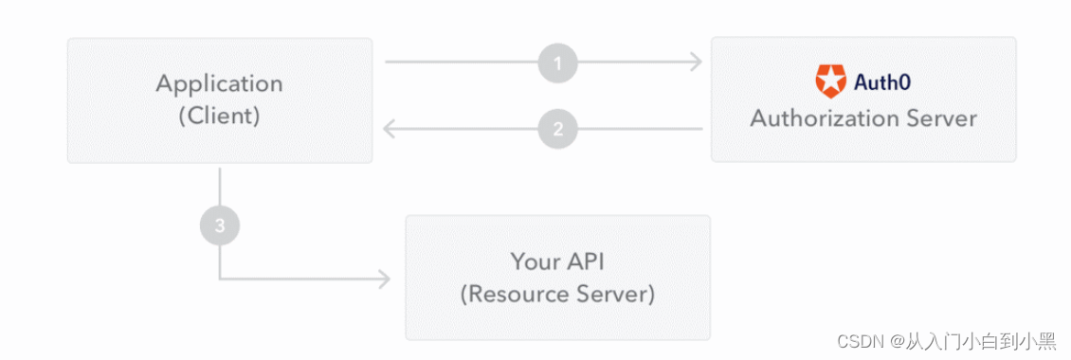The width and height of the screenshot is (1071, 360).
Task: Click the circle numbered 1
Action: (x=557, y=63)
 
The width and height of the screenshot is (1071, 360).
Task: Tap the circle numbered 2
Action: (x=557, y=129)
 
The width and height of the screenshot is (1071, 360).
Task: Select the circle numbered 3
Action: (x=220, y=226)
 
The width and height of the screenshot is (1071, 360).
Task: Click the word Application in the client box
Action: (x=219, y=83)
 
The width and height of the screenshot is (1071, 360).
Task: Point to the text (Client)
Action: (x=219, y=117)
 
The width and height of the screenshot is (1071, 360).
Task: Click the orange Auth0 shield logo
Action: (x=830, y=81)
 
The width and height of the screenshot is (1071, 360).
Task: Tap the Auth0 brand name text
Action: (x=881, y=82)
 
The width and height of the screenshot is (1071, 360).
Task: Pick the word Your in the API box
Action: (x=533, y=261)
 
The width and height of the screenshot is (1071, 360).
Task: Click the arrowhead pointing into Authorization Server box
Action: (x=697, y=63)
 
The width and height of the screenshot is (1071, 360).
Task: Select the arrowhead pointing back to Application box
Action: (x=389, y=129)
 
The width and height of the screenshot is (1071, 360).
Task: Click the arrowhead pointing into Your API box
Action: (x=384, y=279)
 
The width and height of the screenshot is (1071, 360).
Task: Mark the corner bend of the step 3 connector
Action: (x=220, y=279)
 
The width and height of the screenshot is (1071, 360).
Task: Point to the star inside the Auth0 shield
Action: (x=830, y=82)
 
